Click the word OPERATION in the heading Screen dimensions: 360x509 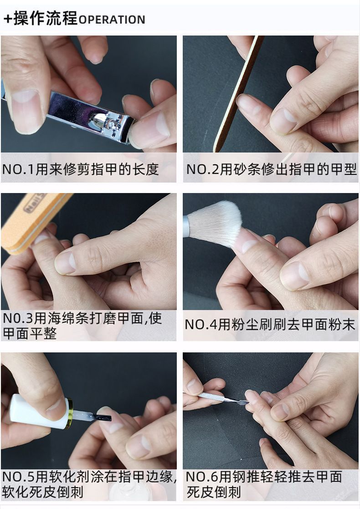[112, 20]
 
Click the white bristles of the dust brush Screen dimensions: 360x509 [215, 224]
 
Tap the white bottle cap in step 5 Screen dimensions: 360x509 [40, 411]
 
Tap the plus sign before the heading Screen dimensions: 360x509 [8, 19]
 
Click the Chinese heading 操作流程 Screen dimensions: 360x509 [46, 18]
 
